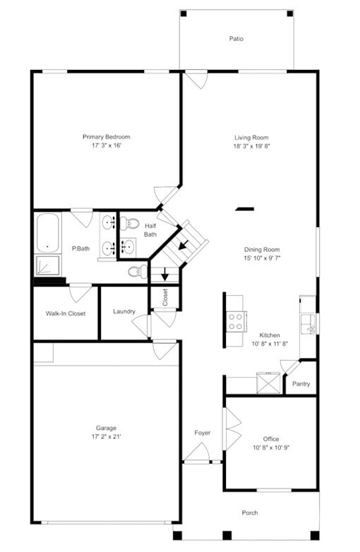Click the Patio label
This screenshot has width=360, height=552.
coord(236,39)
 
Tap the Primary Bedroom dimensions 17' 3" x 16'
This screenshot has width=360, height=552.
coord(106,145)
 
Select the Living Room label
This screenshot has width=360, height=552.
coord(251,138)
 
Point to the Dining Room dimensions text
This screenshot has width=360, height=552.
coord(262,258)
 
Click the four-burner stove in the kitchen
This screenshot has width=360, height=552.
coord(236,322)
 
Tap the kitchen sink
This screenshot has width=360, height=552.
coord(308,324)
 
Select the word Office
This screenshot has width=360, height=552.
coord(271,438)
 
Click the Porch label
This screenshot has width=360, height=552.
coord(250,512)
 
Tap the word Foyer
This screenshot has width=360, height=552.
coord(203,433)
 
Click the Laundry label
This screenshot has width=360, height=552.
coord(124,311)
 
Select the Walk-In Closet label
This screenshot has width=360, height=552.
coord(66,313)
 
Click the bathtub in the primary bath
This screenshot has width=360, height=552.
coord(48,233)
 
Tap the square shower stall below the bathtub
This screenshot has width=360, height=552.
coord(48,265)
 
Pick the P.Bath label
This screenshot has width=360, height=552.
coord(80,248)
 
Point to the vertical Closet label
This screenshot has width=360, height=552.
coord(165,296)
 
